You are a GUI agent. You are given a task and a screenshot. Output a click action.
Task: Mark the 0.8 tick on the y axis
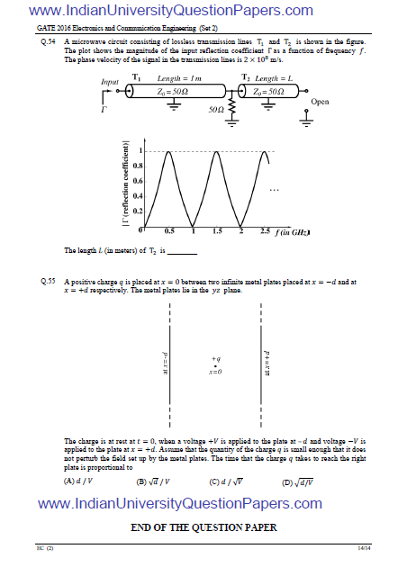coord(137,166)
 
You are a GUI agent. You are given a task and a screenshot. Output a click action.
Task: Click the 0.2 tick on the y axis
coord(137,211)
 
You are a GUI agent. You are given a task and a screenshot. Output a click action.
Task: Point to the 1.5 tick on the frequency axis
coord(217,232)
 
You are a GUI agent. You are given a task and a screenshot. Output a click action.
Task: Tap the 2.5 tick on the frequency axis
coord(265,232)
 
